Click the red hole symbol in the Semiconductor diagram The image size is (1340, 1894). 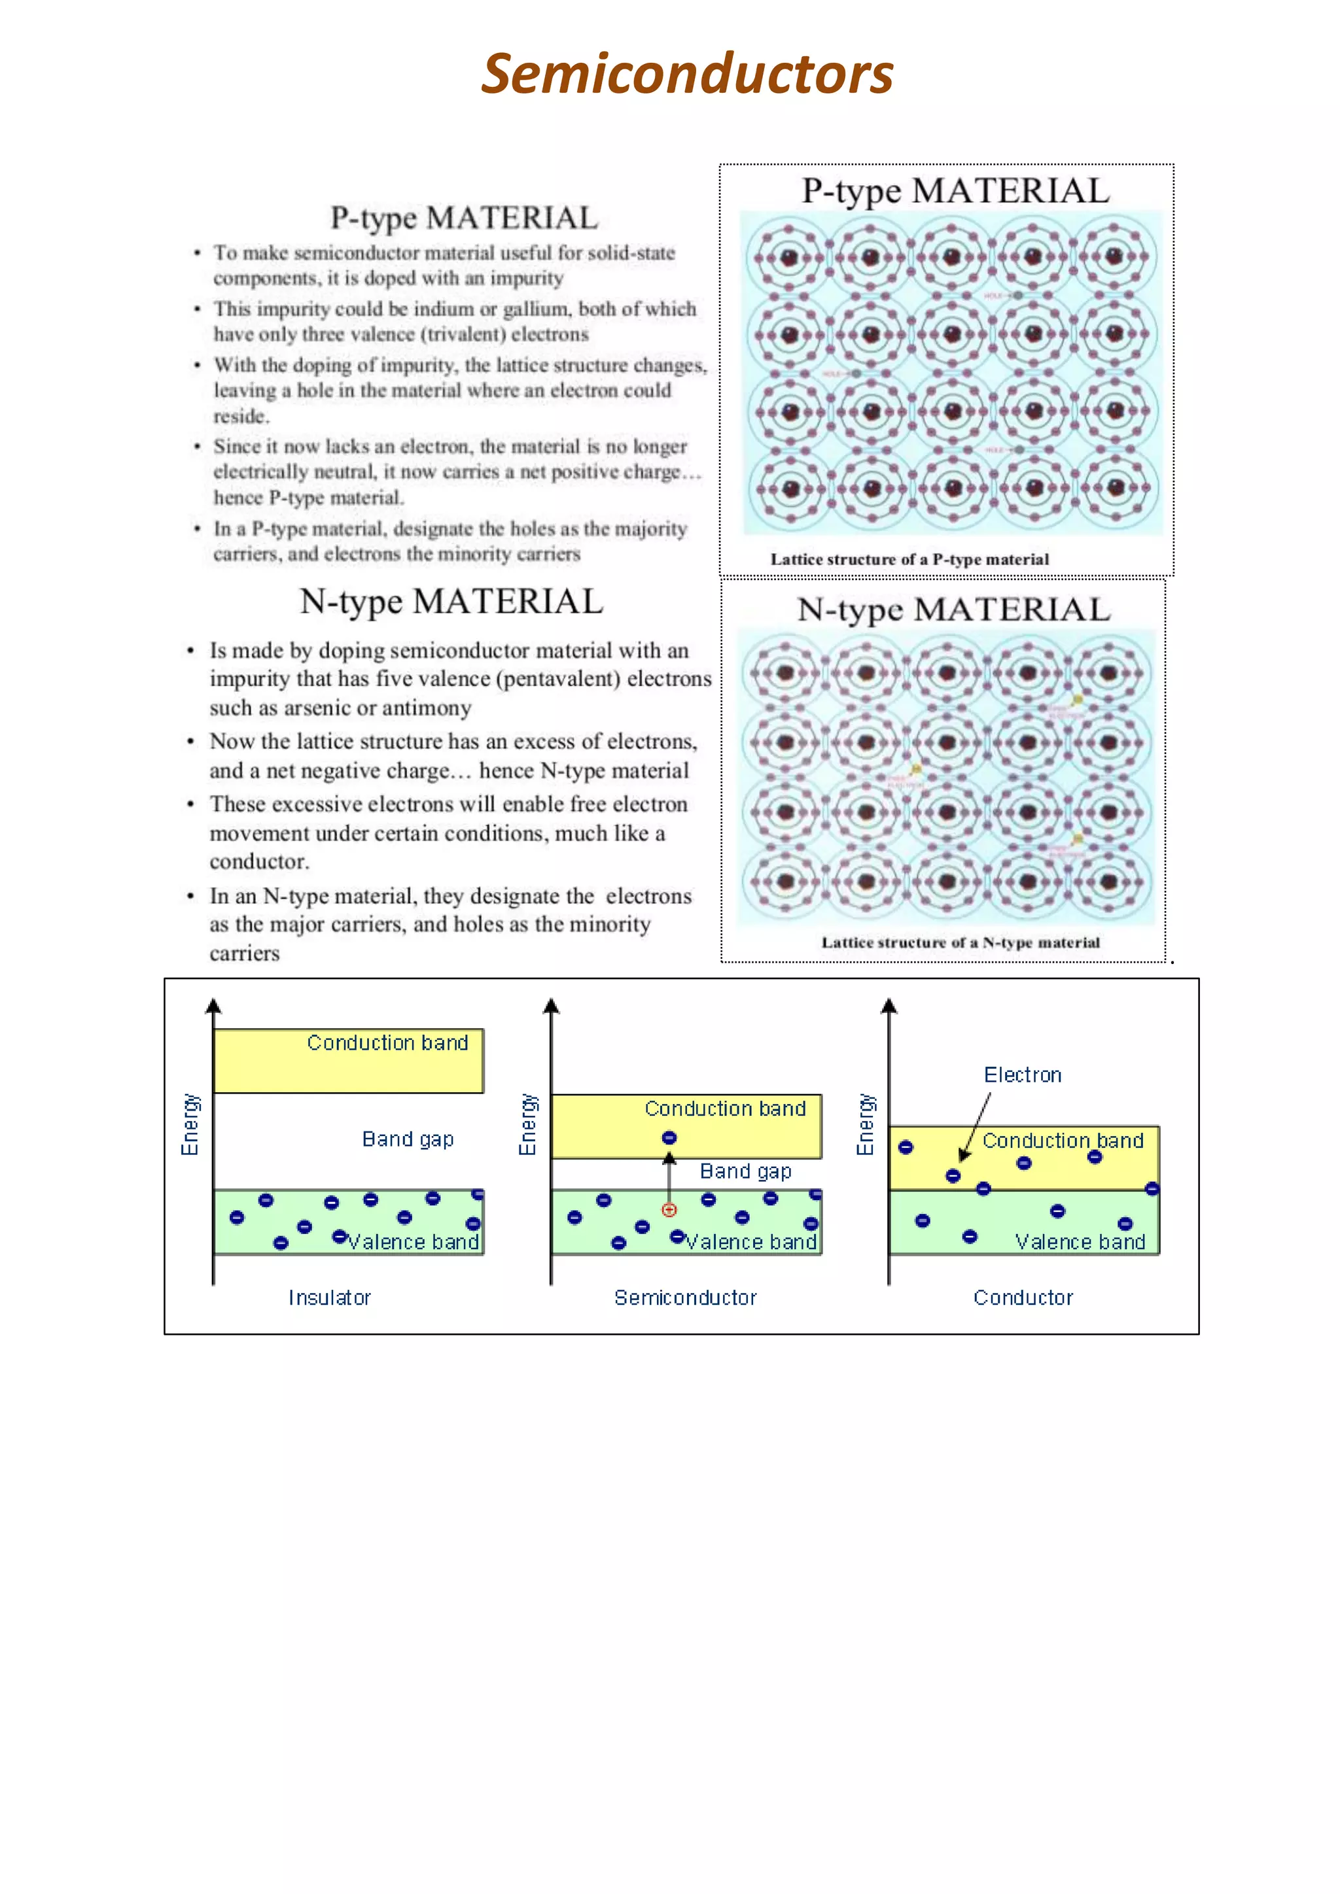point(669,1209)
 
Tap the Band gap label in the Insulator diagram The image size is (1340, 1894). point(408,1139)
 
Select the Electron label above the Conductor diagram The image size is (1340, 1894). point(1022,1075)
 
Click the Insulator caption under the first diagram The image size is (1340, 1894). point(329,1298)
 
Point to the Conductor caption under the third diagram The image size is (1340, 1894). point(1023,1298)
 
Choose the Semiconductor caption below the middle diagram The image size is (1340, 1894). point(685,1298)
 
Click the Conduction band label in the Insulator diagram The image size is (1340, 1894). point(387,1042)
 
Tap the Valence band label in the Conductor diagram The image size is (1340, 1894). point(1080,1241)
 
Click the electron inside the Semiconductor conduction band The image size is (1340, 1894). point(669,1137)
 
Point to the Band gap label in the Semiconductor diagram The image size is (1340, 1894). point(745,1171)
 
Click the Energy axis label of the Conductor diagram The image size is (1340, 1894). point(865,1124)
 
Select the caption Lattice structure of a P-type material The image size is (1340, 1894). point(909,559)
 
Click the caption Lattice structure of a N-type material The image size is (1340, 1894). point(960,942)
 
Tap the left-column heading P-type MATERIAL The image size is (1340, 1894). point(464,218)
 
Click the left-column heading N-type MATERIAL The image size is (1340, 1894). point(451,602)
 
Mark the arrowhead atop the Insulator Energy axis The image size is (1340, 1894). point(214,1005)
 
